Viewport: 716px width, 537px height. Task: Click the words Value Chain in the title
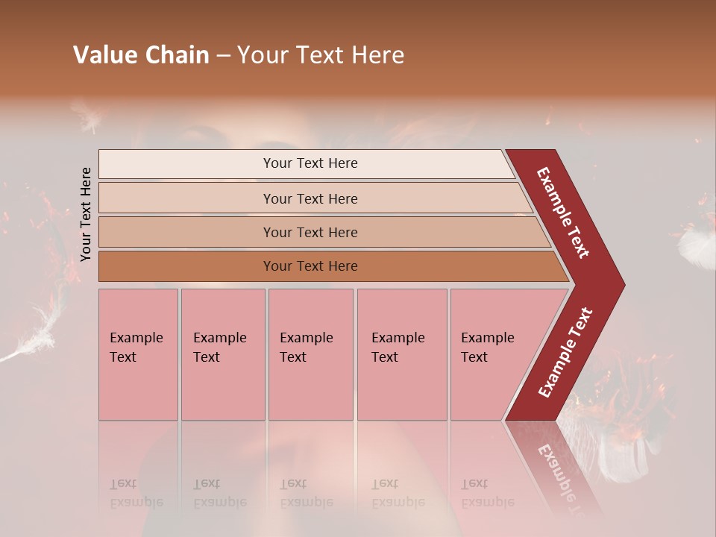[x=141, y=55]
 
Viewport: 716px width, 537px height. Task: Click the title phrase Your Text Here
[x=321, y=55]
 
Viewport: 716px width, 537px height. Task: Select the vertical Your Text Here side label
[x=86, y=214]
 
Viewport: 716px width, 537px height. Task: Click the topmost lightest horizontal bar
[x=310, y=163]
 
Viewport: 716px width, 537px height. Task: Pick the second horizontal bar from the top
[x=310, y=198]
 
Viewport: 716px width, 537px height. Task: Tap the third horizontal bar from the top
[x=310, y=232]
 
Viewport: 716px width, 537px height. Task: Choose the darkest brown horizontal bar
[x=310, y=266]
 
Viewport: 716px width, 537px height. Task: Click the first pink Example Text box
[x=138, y=354]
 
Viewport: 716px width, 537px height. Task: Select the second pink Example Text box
[x=222, y=354]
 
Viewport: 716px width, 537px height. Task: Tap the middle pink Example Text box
[x=310, y=354]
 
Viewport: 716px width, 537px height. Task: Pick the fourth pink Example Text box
[x=402, y=354]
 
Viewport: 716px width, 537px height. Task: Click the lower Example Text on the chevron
[x=565, y=352]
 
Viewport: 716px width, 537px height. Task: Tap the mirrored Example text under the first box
[x=136, y=493]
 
